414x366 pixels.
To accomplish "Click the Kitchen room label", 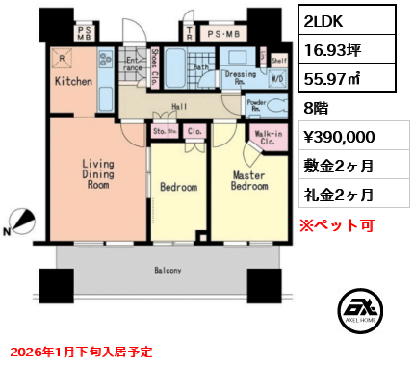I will [x=73, y=82].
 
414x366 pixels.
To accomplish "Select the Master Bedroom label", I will [x=248, y=180].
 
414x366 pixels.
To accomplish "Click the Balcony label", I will [x=167, y=271].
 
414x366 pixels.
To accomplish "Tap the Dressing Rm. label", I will [x=239, y=77].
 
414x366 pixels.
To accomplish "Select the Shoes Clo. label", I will [x=156, y=63].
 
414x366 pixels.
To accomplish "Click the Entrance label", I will [x=133, y=66].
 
